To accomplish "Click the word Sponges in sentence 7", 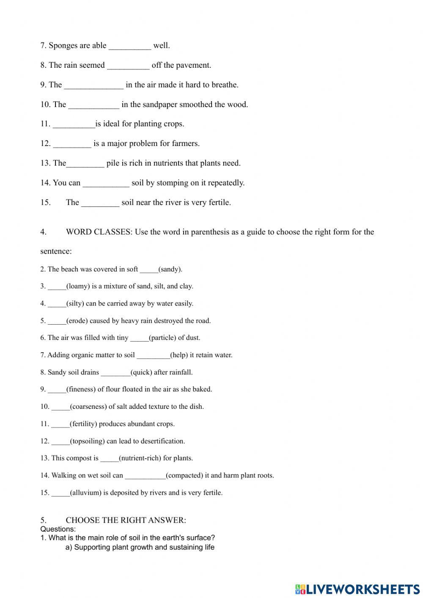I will coord(63,46).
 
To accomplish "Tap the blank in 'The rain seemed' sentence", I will coord(128,66).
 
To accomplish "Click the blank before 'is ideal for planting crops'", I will coord(74,124).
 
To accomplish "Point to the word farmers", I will coord(185,143).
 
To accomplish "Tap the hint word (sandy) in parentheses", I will coord(170,269).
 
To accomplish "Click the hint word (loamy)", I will coord(78,286).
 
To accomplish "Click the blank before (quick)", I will coord(115,373).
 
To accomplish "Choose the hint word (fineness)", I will coord(81,389).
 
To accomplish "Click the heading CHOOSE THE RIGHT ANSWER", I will coord(126,520).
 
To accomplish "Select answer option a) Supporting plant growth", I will coord(140,547).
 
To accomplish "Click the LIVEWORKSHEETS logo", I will coord(357,589).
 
